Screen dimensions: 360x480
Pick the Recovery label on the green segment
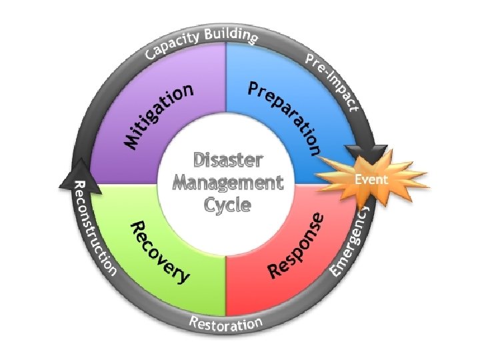tap(159, 250)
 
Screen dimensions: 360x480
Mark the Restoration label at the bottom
tap(226, 325)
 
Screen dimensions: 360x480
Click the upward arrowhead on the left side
tap(79, 171)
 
